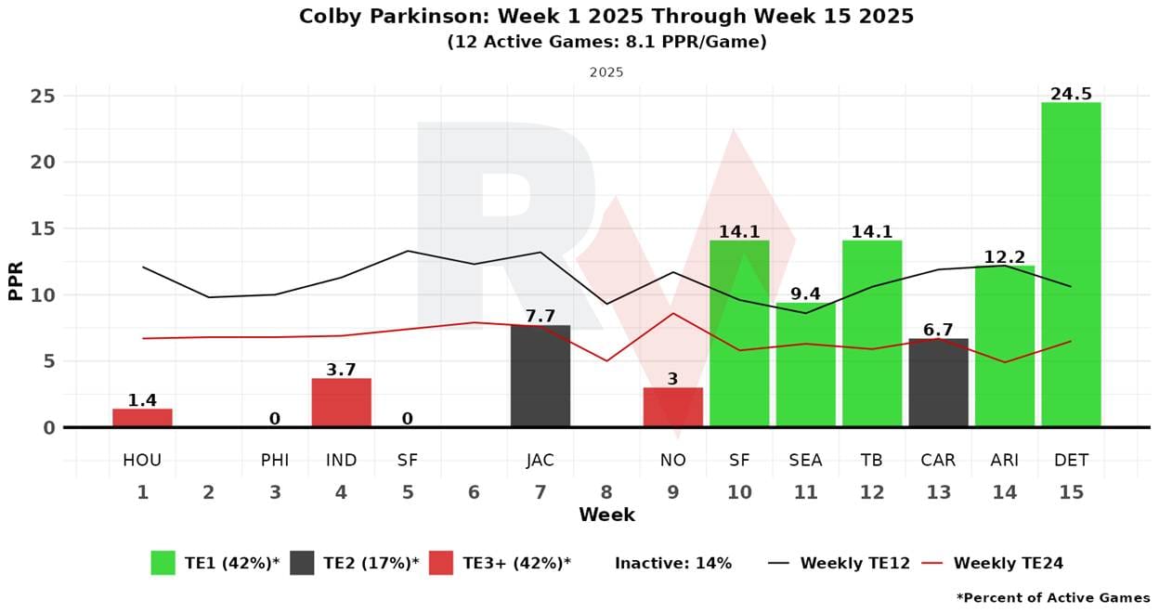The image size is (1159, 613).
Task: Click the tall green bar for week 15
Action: pyautogui.click(x=1071, y=265)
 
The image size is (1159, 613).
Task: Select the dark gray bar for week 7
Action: pyautogui.click(x=540, y=376)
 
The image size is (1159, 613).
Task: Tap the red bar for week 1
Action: pyautogui.click(x=142, y=418)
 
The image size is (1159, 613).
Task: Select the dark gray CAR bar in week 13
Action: pyautogui.click(x=938, y=383)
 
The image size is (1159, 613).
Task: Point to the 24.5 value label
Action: pyautogui.click(x=1071, y=94)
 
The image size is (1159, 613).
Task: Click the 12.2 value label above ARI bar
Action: pyautogui.click(x=1005, y=257)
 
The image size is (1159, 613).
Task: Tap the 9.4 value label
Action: pyautogui.click(x=805, y=294)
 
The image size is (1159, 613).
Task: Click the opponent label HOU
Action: pyautogui.click(x=142, y=461)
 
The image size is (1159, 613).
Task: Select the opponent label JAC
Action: pyautogui.click(x=540, y=461)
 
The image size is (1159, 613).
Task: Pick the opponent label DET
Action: pyautogui.click(x=1071, y=461)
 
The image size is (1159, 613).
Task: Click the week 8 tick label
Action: pyautogui.click(x=606, y=492)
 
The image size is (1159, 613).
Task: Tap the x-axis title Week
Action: pyautogui.click(x=606, y=515)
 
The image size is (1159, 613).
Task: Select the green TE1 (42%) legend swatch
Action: pyautogui.click(x=163, y=563)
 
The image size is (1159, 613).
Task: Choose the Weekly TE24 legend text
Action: pyautogui.click(x=1008, y=563)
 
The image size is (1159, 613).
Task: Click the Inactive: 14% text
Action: pyautogui.click(x=673, y=563)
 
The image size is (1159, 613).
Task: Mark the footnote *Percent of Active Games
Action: pyautogui.click(x=1052, y=597)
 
